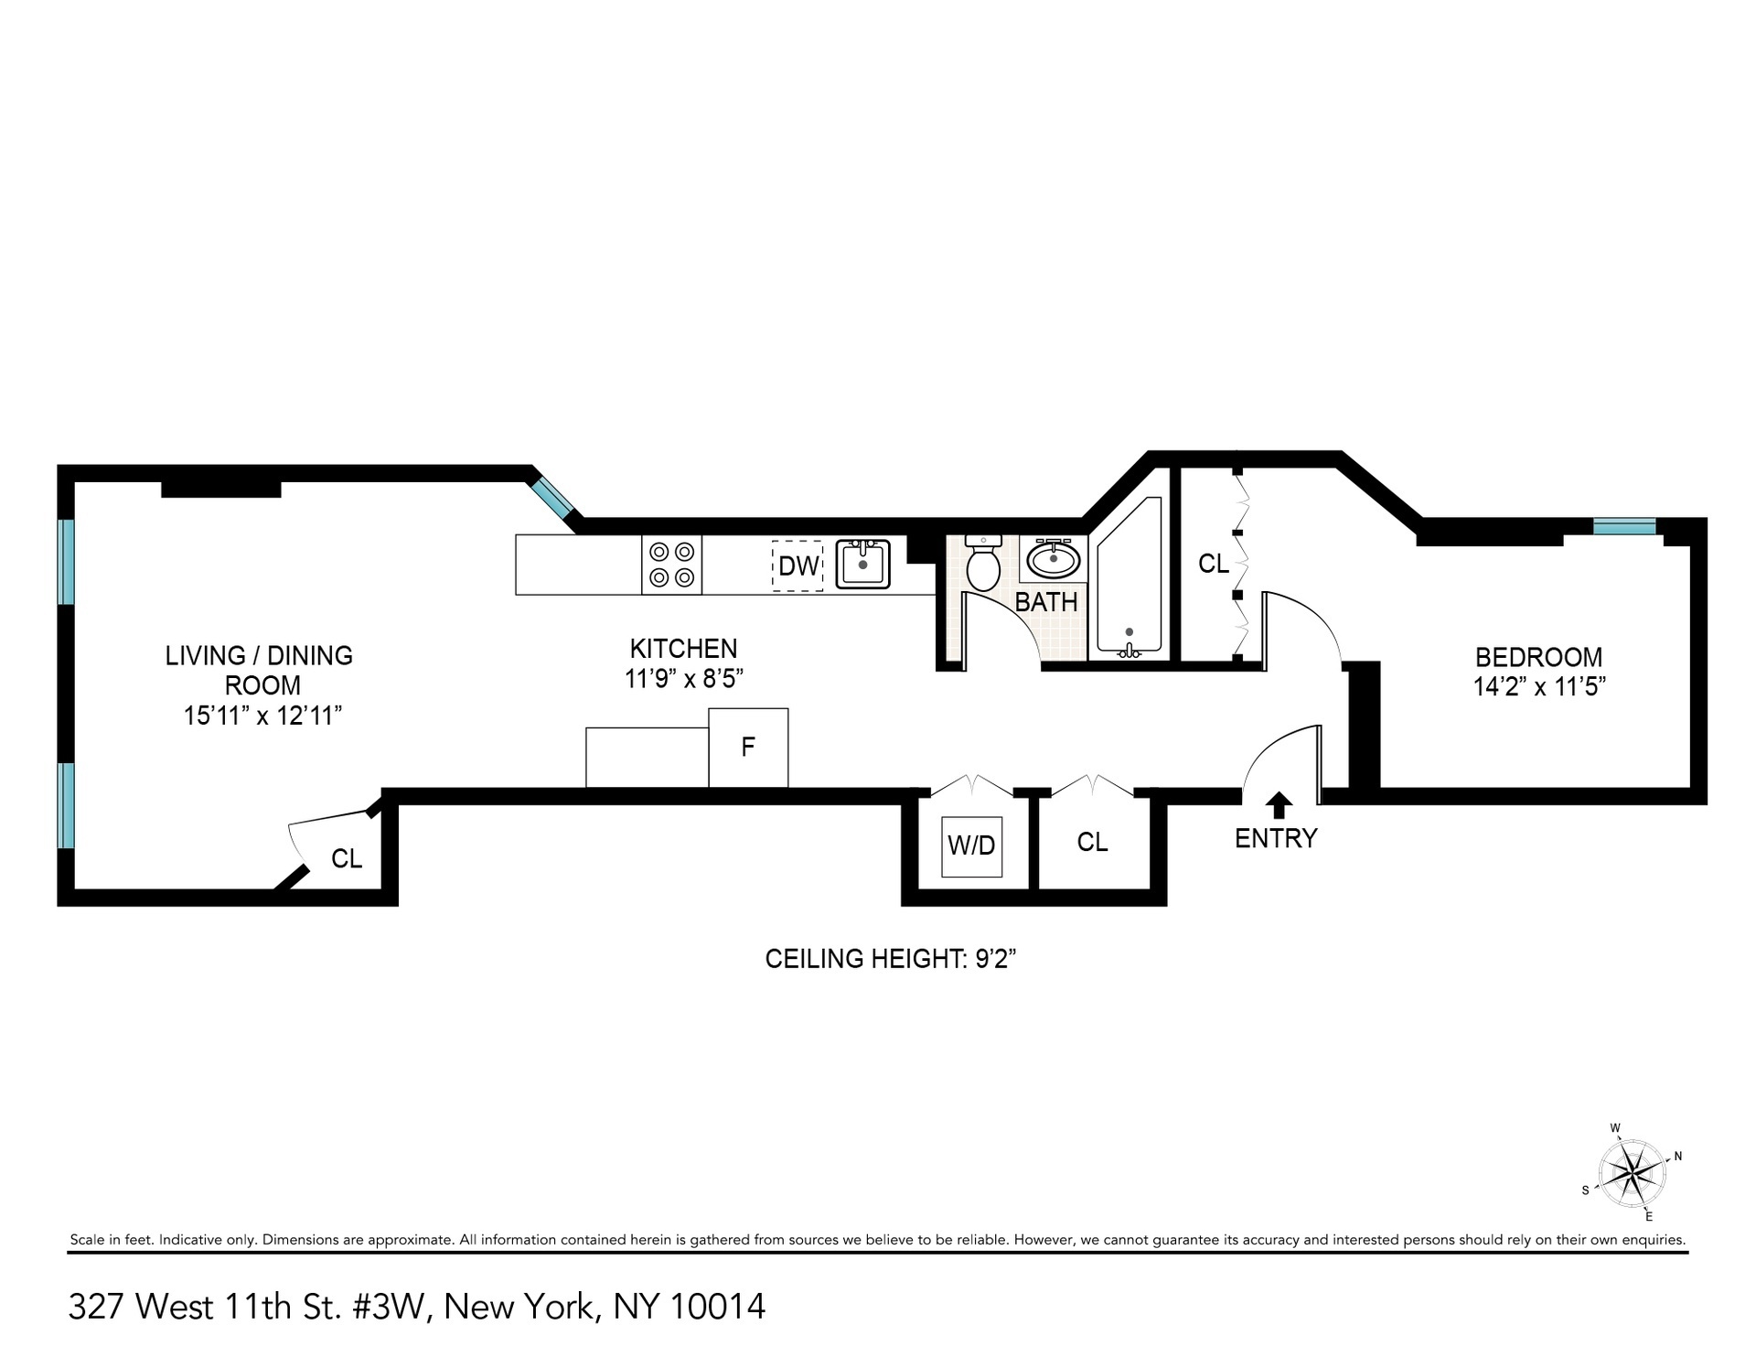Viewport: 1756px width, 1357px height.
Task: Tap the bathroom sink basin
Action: coord(1054,558)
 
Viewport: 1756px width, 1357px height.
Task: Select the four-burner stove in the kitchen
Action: coord(671,565)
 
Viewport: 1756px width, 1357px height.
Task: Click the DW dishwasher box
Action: coord(798,565)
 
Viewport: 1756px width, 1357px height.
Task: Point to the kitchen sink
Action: coord(862,565)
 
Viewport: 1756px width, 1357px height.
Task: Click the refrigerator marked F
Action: coord(748,748)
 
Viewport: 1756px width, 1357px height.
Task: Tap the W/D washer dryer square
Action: coord(971,845)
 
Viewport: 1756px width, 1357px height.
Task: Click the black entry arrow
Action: coord(1279,805)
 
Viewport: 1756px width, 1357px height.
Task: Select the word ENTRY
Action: coord(1276,838)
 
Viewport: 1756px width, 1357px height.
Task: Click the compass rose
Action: coord(1632,1172)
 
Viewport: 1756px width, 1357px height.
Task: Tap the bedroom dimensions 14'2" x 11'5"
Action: coord(1539,686)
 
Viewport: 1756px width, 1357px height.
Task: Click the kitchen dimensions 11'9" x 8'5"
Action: coord(683,679)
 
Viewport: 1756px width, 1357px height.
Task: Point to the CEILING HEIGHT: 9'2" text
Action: coord(891,959)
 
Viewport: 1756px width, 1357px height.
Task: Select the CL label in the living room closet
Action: coord(347,858)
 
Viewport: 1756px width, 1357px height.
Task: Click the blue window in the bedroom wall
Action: coord(1624,526)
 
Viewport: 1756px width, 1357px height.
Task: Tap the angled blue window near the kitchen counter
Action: coord(554,497)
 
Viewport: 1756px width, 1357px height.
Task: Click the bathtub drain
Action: coord(1130,631)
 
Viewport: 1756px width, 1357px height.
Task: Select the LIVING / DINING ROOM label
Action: coord(260,670)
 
